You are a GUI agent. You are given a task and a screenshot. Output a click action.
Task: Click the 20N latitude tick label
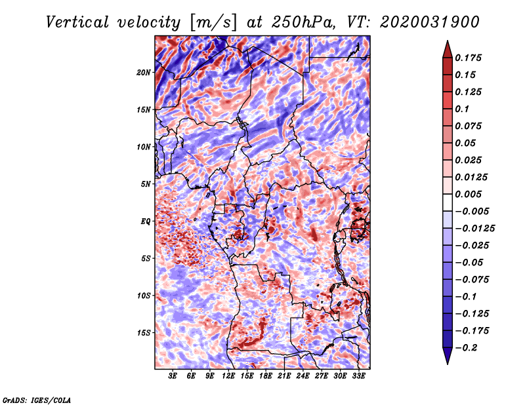144,73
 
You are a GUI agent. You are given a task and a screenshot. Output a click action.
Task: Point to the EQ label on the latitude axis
146,222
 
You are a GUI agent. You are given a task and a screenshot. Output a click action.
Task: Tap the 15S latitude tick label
144,333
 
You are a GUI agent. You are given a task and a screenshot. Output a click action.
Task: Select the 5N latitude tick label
146,184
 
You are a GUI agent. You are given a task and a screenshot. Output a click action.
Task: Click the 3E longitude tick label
173,376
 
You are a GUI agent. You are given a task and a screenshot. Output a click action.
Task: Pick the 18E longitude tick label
266,376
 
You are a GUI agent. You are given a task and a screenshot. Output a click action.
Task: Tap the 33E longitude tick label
358,376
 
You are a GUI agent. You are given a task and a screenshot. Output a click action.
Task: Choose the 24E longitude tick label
303,376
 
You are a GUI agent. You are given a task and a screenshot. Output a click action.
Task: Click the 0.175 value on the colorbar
468,58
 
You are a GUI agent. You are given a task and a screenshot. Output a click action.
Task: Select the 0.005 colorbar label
468,194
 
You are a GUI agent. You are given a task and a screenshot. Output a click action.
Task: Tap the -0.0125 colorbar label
474,229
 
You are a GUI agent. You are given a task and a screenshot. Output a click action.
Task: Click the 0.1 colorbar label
462,109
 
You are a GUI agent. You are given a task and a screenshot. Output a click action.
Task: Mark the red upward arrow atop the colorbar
448,49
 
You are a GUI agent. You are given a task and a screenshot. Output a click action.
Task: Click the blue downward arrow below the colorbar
448,356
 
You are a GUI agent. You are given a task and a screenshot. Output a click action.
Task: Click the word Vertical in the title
77,22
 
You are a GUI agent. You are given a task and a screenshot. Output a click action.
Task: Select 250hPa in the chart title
303,22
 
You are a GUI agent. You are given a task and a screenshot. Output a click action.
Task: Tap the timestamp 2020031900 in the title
430,22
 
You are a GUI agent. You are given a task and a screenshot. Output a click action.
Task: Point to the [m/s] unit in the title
213,22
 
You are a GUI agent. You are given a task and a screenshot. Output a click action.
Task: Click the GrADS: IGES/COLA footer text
37,400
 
